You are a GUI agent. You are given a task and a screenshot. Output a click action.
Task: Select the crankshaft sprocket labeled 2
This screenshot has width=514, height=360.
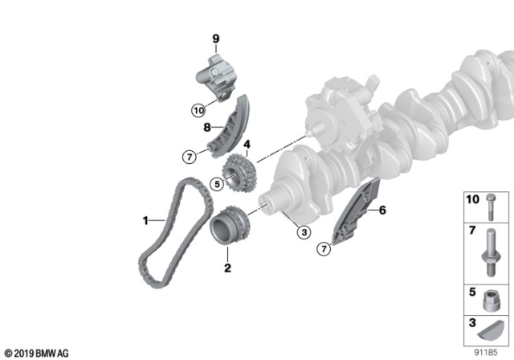230,225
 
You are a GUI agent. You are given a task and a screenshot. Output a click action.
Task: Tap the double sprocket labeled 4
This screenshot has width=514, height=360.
239,173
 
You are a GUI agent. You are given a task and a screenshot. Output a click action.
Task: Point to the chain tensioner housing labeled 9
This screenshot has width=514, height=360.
216,78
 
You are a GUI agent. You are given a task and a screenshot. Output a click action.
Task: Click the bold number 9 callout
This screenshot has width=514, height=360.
215,39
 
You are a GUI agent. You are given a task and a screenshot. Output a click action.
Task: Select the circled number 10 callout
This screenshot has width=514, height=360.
198,111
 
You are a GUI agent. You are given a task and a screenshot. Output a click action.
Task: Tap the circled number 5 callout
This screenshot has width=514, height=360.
217,184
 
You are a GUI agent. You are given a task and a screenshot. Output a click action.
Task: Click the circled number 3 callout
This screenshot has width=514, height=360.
304,232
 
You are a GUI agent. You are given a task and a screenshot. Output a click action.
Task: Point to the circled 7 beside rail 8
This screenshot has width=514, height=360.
190,157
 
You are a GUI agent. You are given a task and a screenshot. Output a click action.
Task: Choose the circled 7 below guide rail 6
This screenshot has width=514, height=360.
324,249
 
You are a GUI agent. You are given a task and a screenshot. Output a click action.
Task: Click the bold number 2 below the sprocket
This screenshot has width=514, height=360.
227,268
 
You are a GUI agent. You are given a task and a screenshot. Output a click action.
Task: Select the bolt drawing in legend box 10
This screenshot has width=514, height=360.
491,207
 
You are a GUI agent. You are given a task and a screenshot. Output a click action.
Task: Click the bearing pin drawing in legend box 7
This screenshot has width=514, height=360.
491,253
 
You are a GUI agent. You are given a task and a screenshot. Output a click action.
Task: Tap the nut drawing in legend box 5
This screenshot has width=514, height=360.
492,300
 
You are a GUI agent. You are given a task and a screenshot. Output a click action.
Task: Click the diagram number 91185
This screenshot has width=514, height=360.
486,353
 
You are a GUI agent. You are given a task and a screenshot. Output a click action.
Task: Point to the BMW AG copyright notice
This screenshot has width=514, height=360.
37,354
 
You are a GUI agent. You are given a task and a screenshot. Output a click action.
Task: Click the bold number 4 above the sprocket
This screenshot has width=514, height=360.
247,145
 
